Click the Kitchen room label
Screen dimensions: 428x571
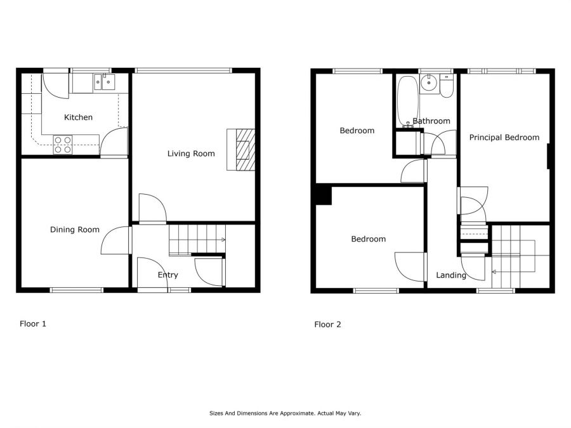tap(78, 117)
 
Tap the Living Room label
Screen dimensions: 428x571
tap(191, 153)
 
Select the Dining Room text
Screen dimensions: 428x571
tap(75, 230)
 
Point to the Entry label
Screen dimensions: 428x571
tap(167, 275)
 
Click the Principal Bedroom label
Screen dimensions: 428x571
tap(504, 137)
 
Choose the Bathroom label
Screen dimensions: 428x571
tap(431, 121)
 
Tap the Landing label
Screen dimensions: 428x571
tap(450, 275)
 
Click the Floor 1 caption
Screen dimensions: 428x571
tap(33, 323)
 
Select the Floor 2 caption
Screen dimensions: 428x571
tap(327, 325)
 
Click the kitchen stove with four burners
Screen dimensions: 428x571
tap(62, 145)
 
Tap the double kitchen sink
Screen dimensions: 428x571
tap(103, 81)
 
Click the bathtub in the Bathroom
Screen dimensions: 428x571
tap(406, 101)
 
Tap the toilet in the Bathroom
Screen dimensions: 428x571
tap(447, 88)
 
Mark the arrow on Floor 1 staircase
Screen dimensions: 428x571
tap(223, 240)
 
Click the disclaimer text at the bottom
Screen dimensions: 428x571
tap(285, 413)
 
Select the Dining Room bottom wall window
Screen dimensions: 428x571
tap(76, 290)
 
